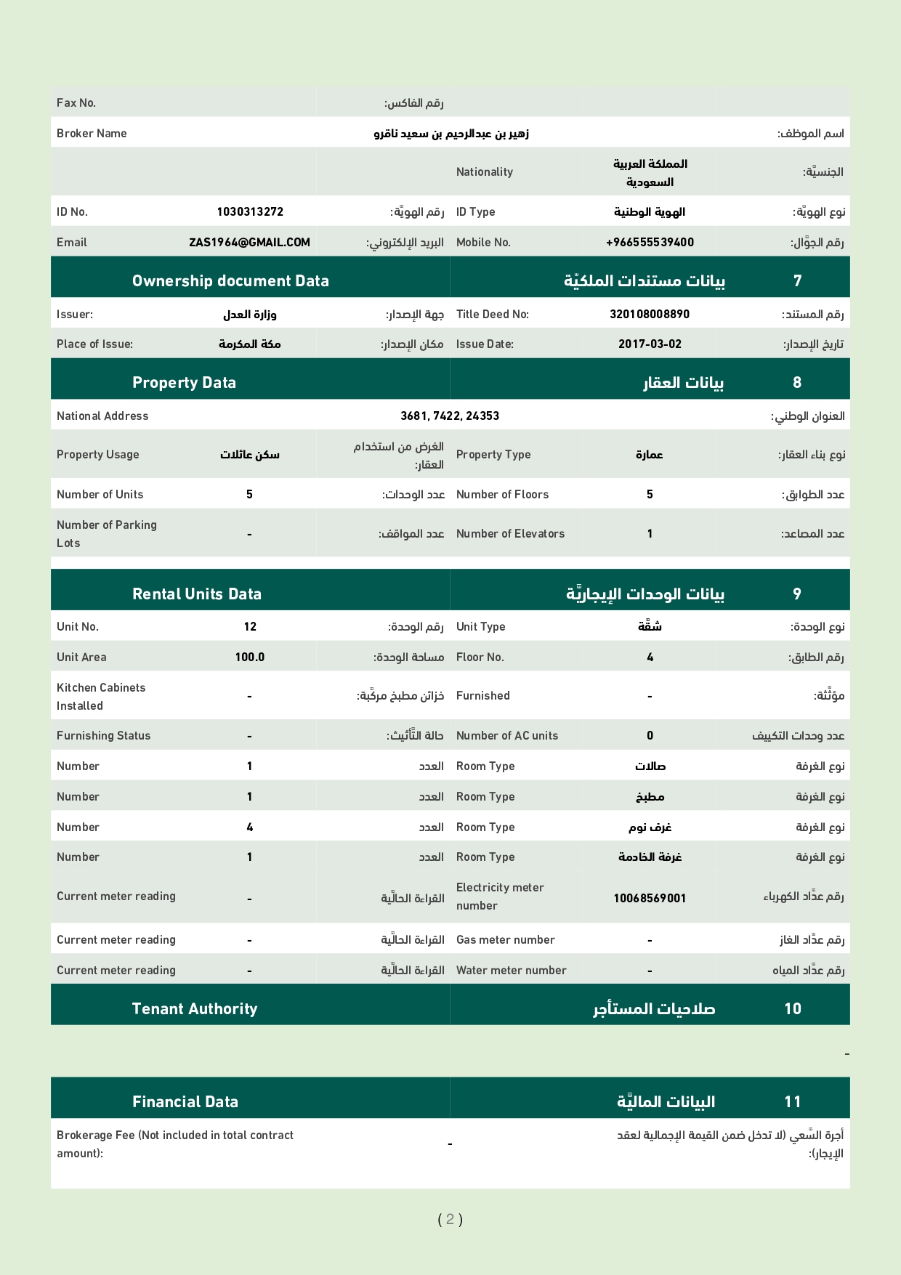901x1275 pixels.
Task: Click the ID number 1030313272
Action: (x=250, y=212)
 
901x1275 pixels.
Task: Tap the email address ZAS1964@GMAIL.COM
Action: (x=249, y=243)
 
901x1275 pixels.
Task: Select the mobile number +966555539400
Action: (x=650, y=243)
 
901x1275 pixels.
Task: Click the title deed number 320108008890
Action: (x=650, y=315)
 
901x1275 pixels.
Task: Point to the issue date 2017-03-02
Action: (x=650, y=344)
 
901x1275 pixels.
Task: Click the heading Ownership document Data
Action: (x=230, y=281)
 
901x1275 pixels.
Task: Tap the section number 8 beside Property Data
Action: (x=797, y=383)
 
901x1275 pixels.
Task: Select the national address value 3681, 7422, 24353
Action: (x=450, y=416)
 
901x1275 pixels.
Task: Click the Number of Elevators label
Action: (x=510, y=534)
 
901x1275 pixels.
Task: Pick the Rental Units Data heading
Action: (x=197, y=594)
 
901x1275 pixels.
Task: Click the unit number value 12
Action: (x=250, y=627)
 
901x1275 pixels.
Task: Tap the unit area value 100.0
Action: (x=250, y=657)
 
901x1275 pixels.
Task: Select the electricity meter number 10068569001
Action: (x=650, y=899)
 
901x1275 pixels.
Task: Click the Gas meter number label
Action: (x=505, y=940)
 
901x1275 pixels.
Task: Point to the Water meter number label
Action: (x=511, y=971)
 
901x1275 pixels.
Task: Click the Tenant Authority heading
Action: (x=195, y=1009)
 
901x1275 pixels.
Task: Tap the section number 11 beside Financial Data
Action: (x=792, y=1102)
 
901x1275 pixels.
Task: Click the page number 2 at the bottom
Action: (x=450, y=1219)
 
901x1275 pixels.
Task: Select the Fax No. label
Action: (x=76, y=103)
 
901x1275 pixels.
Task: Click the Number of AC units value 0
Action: (x=650, y=736)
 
